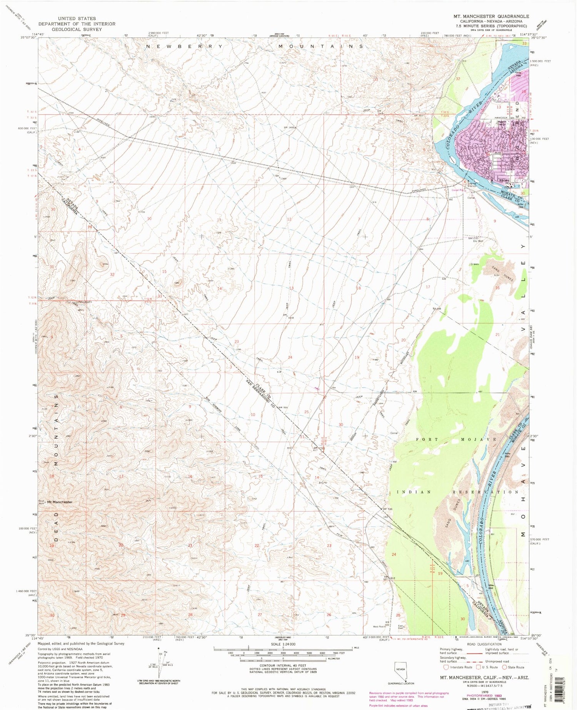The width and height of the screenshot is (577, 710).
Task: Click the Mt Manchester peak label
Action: [60, 502]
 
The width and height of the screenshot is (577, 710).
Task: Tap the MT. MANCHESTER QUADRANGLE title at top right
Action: [491, 17]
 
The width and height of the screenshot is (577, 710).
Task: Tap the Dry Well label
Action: [477, 241]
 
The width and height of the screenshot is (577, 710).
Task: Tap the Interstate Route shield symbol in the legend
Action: [446, 667]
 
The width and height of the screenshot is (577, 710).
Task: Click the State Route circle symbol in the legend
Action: [504, 667]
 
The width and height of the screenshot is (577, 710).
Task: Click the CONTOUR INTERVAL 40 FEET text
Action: [283, 665]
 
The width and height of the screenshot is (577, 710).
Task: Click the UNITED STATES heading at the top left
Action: [77, 18]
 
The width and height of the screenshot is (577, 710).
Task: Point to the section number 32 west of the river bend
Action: [458, 79]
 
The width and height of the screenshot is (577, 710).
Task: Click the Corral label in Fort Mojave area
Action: [394, 433]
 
